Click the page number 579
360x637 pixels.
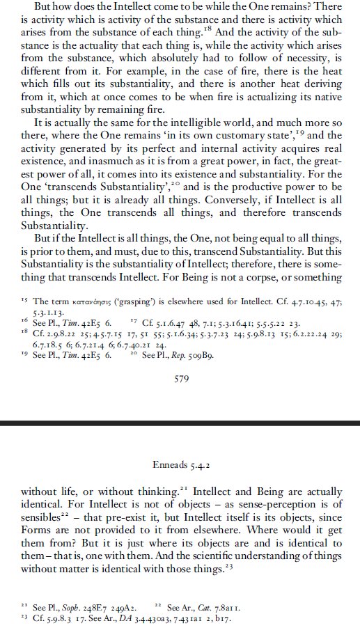coord(180,380)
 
